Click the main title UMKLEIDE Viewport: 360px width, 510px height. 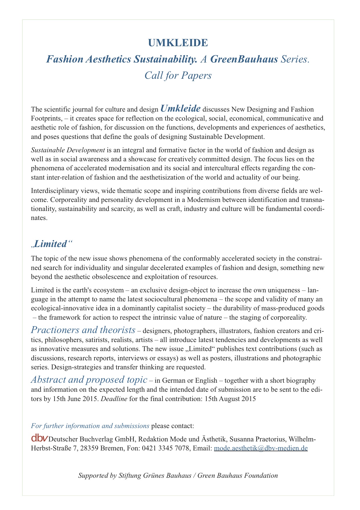[x=178, y=43]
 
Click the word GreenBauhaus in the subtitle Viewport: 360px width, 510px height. [x=243, y=59]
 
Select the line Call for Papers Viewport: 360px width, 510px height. [x=178, y=76]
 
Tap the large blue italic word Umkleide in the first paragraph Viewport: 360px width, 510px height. [x=180, y=109]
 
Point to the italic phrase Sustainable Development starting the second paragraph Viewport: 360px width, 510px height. [x=68, y=150]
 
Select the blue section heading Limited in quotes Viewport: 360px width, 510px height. [x=51, y=244]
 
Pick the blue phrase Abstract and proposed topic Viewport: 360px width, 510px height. [x=89, y=380]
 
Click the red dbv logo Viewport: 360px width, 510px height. [x=39, y=438]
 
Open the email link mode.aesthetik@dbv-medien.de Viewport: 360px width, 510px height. [x=261, y=448]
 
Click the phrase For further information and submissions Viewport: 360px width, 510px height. [x=90, y=426]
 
